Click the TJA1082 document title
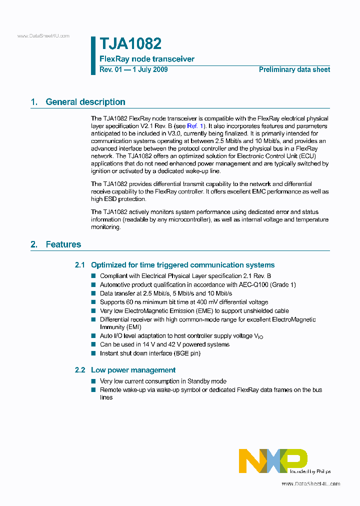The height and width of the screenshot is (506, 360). point(130,44)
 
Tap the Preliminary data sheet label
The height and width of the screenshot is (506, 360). point(294,69)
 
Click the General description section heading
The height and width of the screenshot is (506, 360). point(85,102)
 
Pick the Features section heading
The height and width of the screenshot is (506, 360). point(63,244)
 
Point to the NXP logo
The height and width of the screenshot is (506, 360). point(272,460)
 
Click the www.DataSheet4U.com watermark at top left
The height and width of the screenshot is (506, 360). point(43,36)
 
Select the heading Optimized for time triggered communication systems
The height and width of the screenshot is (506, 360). point(182,265)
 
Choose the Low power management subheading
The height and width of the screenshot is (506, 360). point(133,370)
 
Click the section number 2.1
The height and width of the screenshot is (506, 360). point(80,265)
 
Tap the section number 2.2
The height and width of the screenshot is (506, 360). point(80,370)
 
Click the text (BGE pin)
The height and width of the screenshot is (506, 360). point(188,353)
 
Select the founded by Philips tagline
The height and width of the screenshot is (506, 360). point(310,471)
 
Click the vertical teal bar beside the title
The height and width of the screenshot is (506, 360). point(93,55)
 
